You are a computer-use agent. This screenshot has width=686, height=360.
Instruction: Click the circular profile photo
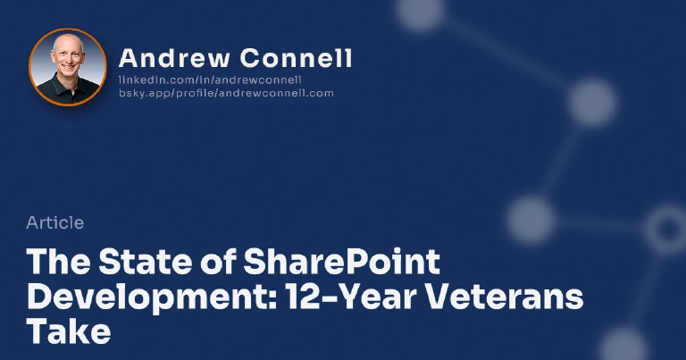(68, 67)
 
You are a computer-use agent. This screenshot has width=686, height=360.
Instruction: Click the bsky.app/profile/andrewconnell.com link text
(226, 93)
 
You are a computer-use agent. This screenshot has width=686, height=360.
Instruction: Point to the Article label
(55, 223)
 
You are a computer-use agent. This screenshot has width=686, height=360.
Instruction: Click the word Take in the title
(69, 331)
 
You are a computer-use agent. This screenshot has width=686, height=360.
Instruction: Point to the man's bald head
(68, 44)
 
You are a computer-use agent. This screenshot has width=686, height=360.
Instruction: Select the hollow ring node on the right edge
(665, 230)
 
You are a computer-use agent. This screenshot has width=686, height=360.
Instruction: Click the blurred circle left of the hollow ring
(531, 219)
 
